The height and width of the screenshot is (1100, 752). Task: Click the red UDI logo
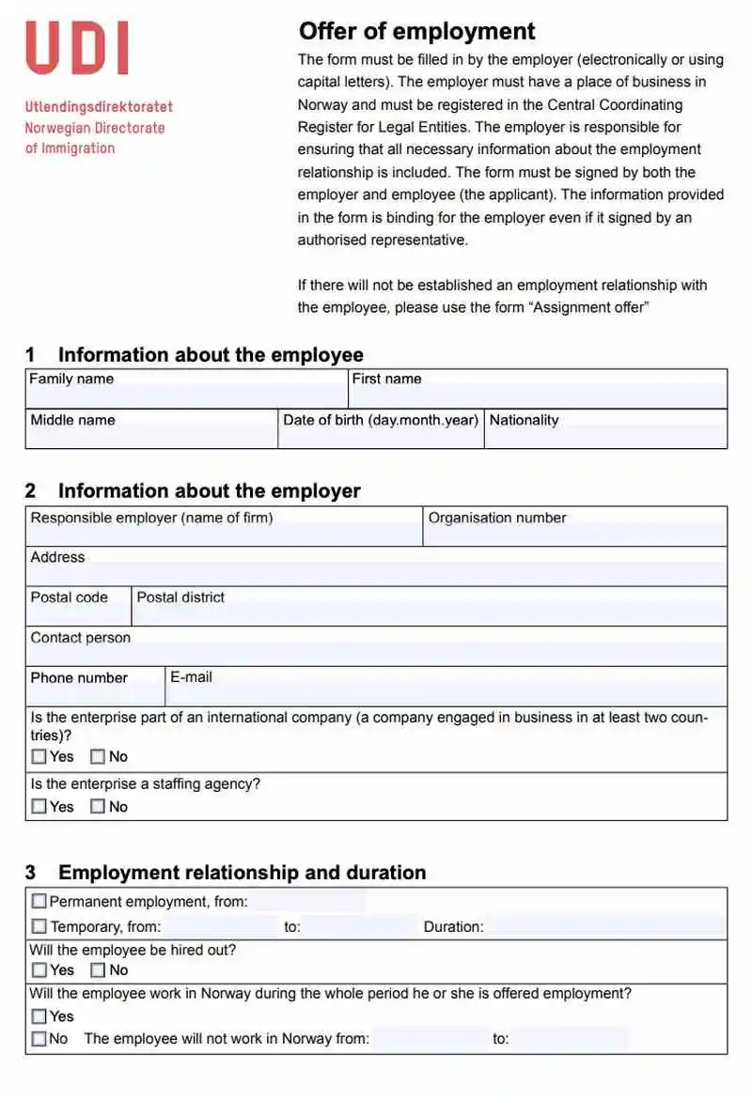point(77,49)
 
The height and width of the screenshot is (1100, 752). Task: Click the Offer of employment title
point(416,31)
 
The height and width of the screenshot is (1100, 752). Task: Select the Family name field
point(186,396)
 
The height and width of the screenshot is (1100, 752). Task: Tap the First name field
point(538,396)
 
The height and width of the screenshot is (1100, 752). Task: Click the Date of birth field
point(381,437)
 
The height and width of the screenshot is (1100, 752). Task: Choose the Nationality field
point(605,437)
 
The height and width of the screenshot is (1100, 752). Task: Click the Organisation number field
point(575,535)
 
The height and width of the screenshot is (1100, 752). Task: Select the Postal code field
point(78,614)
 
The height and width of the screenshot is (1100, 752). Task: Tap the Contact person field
point(376,654)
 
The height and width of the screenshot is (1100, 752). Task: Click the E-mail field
point(446,694)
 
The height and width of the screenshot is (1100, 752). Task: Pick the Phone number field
point(95,694)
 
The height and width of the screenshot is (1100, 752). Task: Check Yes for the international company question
point(39,756)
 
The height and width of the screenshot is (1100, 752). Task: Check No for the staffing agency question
point(98,806)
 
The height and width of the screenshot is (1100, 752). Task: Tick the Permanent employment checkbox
point(39,902)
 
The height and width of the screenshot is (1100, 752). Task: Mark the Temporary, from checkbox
point(39,927)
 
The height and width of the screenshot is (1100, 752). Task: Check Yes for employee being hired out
point(39,970)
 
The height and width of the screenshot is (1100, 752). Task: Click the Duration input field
point(605,927)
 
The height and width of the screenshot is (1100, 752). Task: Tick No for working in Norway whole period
point(39,1039)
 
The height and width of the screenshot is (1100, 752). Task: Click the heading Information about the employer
point(209,490)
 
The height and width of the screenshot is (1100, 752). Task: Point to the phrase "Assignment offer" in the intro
point(589,307)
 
